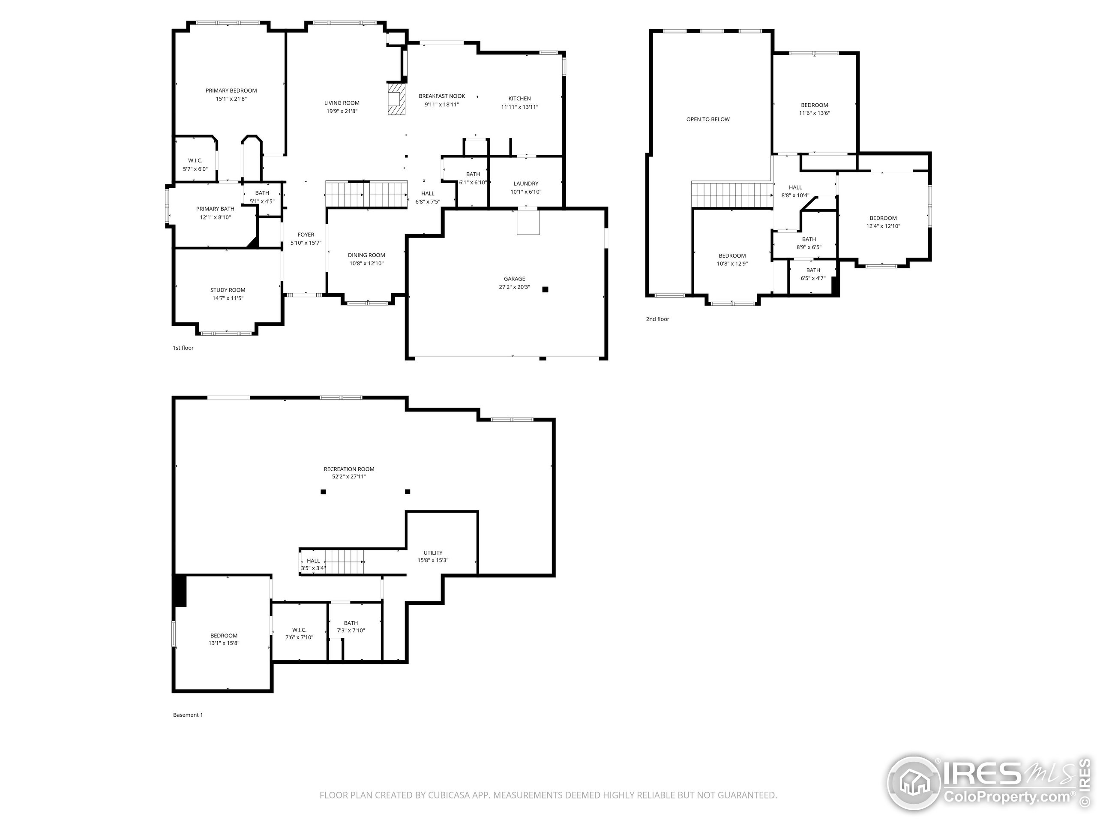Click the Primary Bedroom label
click(231, 91)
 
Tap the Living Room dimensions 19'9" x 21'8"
click(342, 111)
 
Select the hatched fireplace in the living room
click(396, 99)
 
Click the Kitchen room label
click(519, 99)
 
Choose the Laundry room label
click(526, 183)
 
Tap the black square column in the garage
click(545, 289)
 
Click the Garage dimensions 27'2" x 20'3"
click(514, 287)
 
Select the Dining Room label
click(366, 255)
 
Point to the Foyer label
click(306, 234)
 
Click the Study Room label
click(228, 290)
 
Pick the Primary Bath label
click(215, 209)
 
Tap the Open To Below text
click(708, 120)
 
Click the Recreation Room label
click(349, 469)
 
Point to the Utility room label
click(432, 553)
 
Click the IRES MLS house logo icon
click(913, 782)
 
